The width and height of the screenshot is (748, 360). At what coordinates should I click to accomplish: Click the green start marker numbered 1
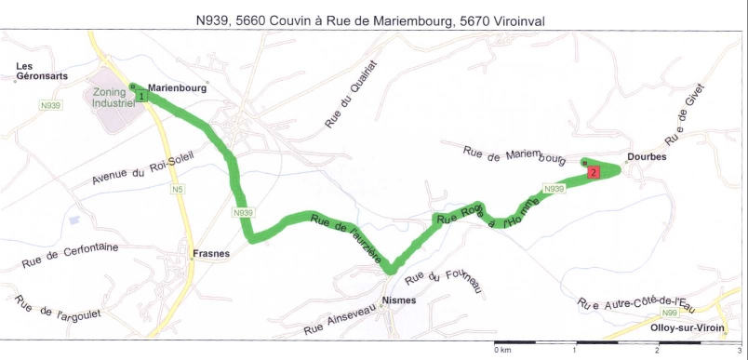tap(140, 95)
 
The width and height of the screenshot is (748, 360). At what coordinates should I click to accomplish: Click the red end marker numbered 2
tap(593, 171)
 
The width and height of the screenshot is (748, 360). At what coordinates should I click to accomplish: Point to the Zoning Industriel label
tap(114, 99)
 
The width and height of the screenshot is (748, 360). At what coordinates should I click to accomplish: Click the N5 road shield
tap(177, 190)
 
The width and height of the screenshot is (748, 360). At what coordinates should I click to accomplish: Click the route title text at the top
tap(373, 20)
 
